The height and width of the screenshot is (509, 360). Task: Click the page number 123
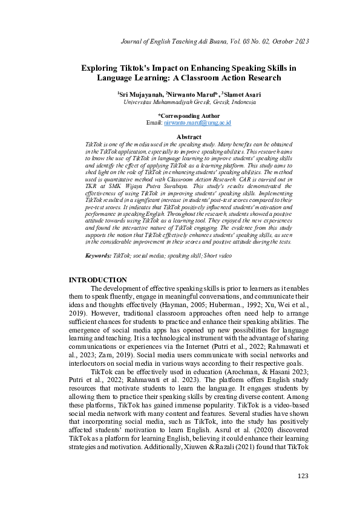click(x=303, y=476)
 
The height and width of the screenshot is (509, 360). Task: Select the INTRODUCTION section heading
click(x=98, y=280)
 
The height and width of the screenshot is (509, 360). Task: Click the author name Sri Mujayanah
click(x=140, y=95)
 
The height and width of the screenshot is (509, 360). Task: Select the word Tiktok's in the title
click(x=137, y=68)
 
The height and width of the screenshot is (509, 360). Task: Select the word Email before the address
click(x=154, y=123)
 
